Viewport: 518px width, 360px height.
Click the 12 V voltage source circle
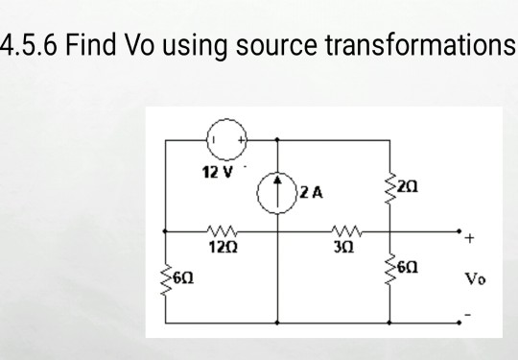coord(223,140)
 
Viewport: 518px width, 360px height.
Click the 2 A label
coord(310,192)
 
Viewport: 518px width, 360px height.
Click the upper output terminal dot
coord(459,231)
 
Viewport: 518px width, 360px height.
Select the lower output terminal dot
coord(459,322)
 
